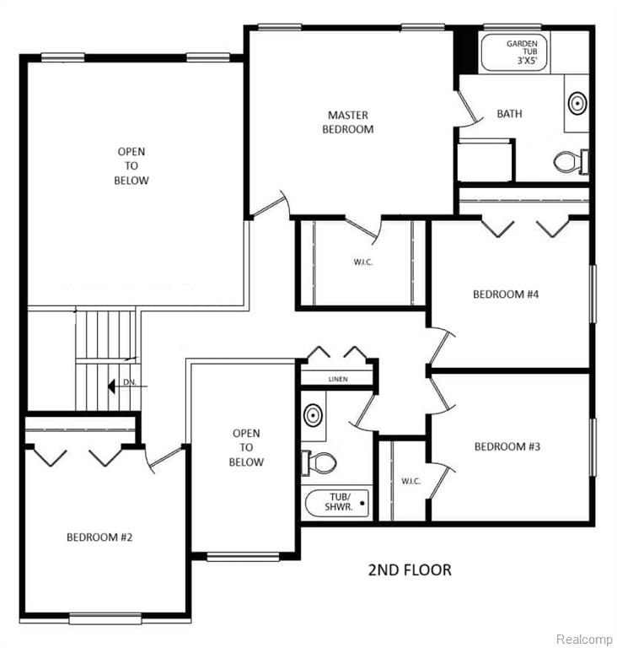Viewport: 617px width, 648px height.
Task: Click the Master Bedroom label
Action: coord(348,121)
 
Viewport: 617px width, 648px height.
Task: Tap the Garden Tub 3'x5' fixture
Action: coord(514,52)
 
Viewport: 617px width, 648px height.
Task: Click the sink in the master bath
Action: coord(577,103)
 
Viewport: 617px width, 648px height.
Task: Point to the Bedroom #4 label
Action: coord(506,294)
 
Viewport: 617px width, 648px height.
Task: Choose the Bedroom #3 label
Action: coord(507,446)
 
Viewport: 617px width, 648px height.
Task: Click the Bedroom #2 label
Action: coord(99,537)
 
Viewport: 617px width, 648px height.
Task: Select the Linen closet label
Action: coord(338,379)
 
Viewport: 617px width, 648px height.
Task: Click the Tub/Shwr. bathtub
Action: coord(337,503)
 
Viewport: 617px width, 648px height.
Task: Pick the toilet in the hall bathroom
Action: coord(319,462)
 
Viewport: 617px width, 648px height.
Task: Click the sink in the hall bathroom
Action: coord(313,414)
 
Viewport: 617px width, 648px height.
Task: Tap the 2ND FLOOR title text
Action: coord(410,570)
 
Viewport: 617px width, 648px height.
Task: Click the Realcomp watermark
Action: coord(584,639)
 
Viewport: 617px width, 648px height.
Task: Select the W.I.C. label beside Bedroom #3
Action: coord(411,481)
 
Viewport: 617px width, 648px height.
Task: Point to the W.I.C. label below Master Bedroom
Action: coord(363,262)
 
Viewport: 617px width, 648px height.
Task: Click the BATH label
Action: coord(509,114)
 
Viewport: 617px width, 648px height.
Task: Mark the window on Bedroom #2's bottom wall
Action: coord(105,618)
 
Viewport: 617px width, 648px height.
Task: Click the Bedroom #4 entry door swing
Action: coord(442,345)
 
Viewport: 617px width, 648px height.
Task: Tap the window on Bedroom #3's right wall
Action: coord(593,447)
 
